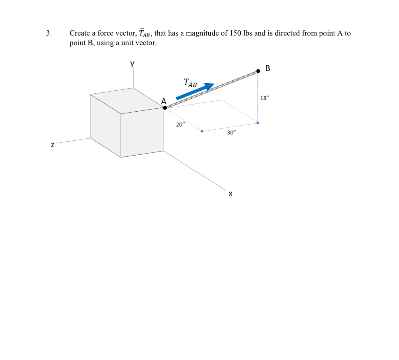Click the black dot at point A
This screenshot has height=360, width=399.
(165, 108)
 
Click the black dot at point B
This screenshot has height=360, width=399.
(258, 71)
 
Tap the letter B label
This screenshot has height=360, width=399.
(268, 68)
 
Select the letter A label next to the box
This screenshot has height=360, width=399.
(164, 101)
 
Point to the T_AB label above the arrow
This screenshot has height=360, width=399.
(190, 83)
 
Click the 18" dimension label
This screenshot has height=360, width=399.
(264, 98)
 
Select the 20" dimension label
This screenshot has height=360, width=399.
(180, 125)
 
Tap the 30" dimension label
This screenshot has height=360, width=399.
(231, 133)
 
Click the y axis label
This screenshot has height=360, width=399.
(132, 64)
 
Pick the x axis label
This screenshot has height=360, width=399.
(230, 194)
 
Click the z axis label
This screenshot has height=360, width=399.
(53, 145)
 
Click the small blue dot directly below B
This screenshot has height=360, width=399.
(258, 123)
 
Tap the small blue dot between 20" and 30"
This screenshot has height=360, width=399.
(202, 131)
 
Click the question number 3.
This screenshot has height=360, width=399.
(49, 33)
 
